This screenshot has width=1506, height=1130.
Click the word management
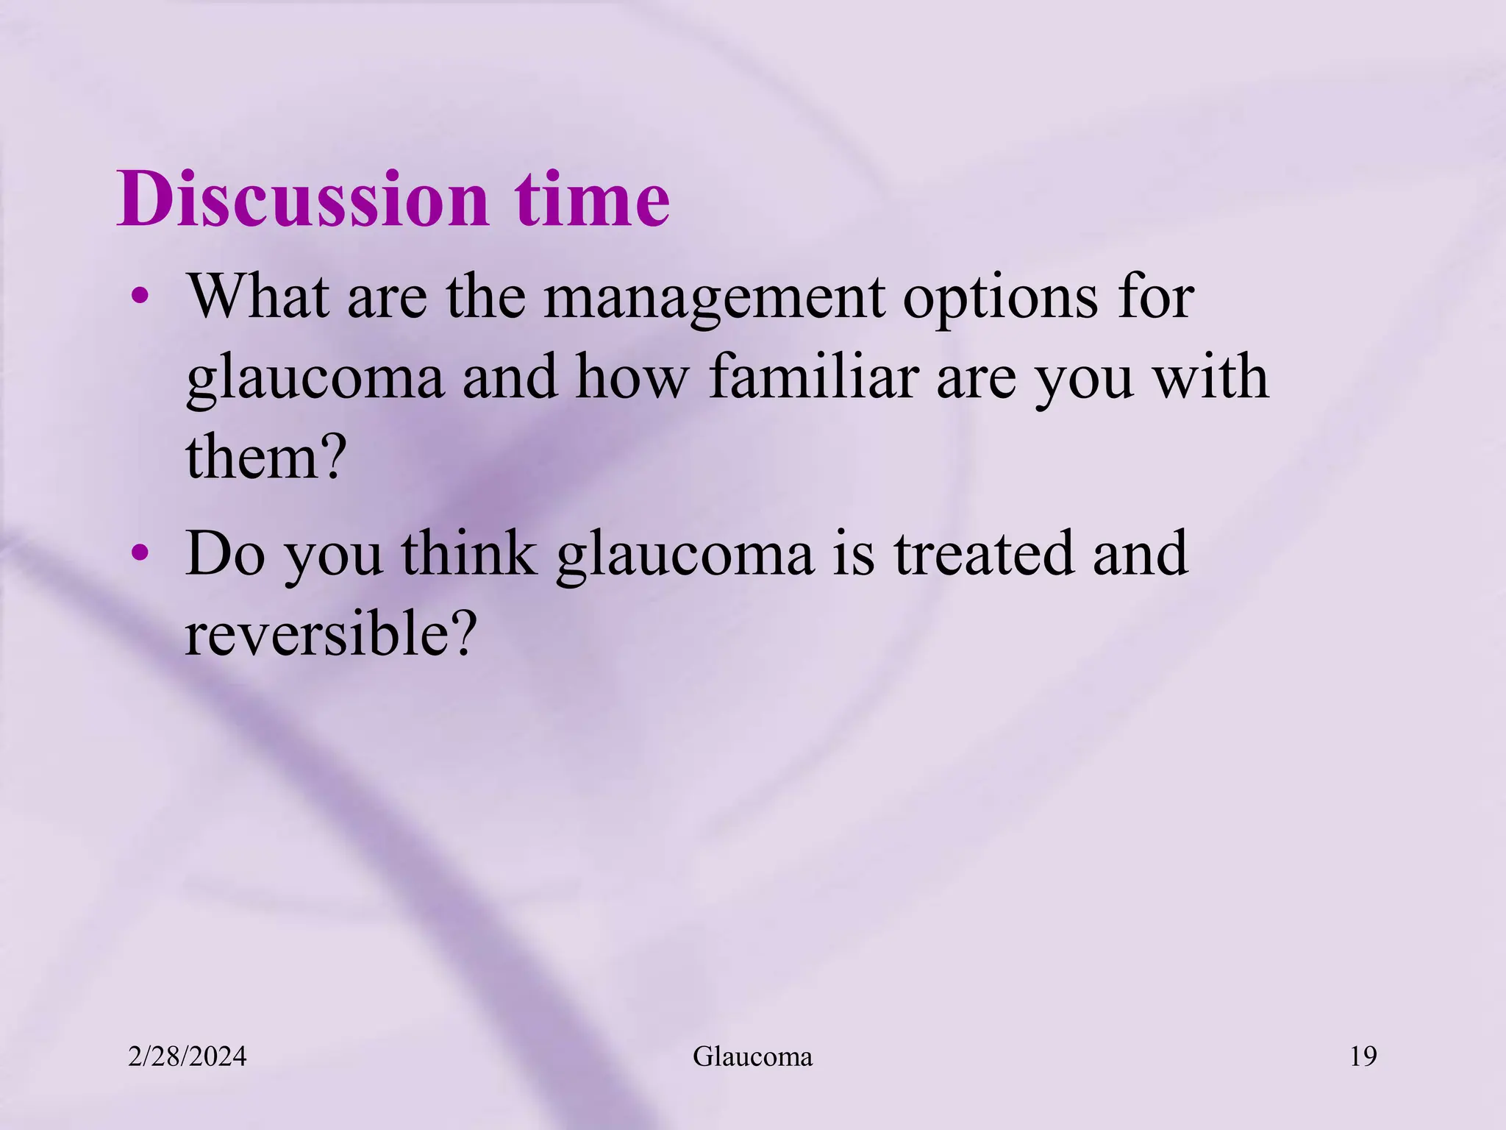click(714, 298)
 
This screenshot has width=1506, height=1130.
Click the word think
click(469, 553)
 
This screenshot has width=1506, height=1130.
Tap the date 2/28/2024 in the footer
click(188, 1057)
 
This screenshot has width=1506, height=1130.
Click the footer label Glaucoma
click(752, 1057)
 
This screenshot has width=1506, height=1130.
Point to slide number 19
click(1363, 1057)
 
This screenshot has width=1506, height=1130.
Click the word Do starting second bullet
click(225, 553)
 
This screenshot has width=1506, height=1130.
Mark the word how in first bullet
click(631, 377)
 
